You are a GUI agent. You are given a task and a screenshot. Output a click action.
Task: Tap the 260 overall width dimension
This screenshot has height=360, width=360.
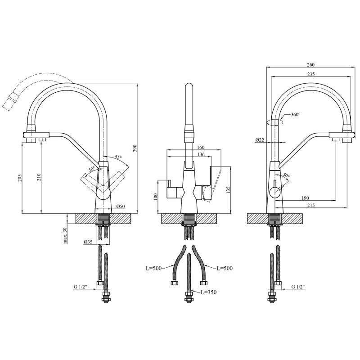pyautogui.click(x=310, y=65)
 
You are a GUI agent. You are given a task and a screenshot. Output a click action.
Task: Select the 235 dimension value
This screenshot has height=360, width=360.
pyautogui.click(x=310, y=74)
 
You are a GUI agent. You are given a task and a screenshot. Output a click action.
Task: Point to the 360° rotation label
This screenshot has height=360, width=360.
pyautogui.click(x=296, y=114)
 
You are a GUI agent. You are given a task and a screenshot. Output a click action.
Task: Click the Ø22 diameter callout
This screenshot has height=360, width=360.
pyautogui.click(x=260, y=140)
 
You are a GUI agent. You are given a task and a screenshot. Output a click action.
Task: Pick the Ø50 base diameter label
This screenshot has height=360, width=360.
pyautogui.click(x=121, y=207)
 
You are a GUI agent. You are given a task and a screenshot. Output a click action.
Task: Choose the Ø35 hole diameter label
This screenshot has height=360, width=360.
pyautogui.click(x=88, y=242)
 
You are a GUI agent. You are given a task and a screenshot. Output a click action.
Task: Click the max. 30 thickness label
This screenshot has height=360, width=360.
pyautogui.click(x=65, y=235)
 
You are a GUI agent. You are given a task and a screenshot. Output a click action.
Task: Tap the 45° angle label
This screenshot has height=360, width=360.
pyautogui.click(x=118, y=157)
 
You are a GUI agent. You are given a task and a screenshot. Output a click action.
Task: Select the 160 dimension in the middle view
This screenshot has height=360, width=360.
pyautogui.click(x=200, y=148)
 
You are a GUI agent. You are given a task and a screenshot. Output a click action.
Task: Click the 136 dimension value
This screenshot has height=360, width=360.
pyautogui.click(x=201, y=154)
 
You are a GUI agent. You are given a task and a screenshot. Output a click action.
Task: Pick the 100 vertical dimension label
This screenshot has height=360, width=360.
pyautogui.click(x=155, y=197)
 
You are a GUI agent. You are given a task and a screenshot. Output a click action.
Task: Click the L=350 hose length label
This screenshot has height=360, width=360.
pyautogui.click(x=208, y=292)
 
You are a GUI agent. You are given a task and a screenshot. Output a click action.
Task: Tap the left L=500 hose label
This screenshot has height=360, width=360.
pyautogui.click(x=154, y=268)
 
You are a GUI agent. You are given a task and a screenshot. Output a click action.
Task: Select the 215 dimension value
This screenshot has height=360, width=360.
pyautogui.click(x=310, y=206)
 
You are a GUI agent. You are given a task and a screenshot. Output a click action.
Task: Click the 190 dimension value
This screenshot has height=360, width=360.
pyautogui.click(x=305, y=198)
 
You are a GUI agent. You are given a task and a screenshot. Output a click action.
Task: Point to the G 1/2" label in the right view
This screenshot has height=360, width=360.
pyautogui.click(x=298, y=287)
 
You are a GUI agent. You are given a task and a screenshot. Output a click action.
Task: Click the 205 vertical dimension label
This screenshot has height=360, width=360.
pyautogui.click(x=19, y=178)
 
